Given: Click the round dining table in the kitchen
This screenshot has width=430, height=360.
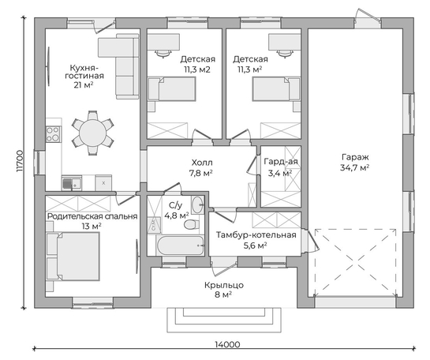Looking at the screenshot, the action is (x=92, y=133).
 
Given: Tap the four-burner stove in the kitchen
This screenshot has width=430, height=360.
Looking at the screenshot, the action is (x=53, y=134).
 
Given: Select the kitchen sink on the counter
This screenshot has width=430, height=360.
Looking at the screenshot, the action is (x=72, y=183).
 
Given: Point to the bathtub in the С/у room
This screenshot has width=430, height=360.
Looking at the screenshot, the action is (x=180, y=246).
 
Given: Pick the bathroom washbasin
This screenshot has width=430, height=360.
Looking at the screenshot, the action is (x=197, y=204).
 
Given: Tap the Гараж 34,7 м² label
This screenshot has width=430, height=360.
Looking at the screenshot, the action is (x=355, y=162).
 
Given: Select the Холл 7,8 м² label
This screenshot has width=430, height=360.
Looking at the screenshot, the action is (x=202, y=168).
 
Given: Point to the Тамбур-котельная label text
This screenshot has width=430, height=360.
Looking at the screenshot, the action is (x=256, y=235).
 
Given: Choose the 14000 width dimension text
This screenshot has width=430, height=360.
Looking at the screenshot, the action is (x=227, y=344).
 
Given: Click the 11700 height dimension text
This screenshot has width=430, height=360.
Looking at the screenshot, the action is (x=20, y=161).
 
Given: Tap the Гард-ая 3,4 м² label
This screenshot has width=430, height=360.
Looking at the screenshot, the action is (x=281, y=167).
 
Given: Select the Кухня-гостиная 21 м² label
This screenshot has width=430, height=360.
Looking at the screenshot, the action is (x=84, y=77).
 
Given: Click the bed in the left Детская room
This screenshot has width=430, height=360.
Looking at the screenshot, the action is (x=172, y=88).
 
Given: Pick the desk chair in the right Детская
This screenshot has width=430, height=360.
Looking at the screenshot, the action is (x=285, y=54).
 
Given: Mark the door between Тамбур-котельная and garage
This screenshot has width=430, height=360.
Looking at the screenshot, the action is (x=312, y=238).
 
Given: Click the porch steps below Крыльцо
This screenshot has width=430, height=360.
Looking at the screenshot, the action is (x=224, y=320).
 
